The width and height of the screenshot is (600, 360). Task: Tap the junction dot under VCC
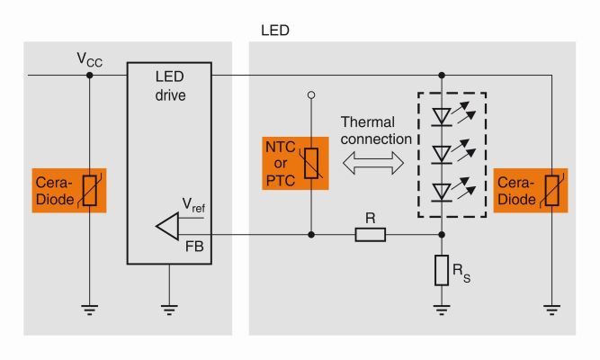tap(88, 76)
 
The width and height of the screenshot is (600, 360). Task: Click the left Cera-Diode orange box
tap(68, 190)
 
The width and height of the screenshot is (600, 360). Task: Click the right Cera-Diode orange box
tap(531, 190)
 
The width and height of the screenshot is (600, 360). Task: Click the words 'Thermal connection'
tap(375, 130)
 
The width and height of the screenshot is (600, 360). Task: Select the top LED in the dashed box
tap(442, 115)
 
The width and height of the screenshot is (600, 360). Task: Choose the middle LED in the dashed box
tap(442, 153)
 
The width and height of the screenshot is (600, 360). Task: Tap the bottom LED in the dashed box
tap(442, 191)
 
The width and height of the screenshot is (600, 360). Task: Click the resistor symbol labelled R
tap(371, 236)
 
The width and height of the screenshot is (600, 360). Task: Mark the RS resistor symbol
tap(442, 270)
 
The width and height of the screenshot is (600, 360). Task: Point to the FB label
tap(193, 244)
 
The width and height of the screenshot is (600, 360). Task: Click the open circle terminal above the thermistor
tap(311, 94)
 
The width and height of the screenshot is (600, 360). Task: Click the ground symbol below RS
tap(442, 310)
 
